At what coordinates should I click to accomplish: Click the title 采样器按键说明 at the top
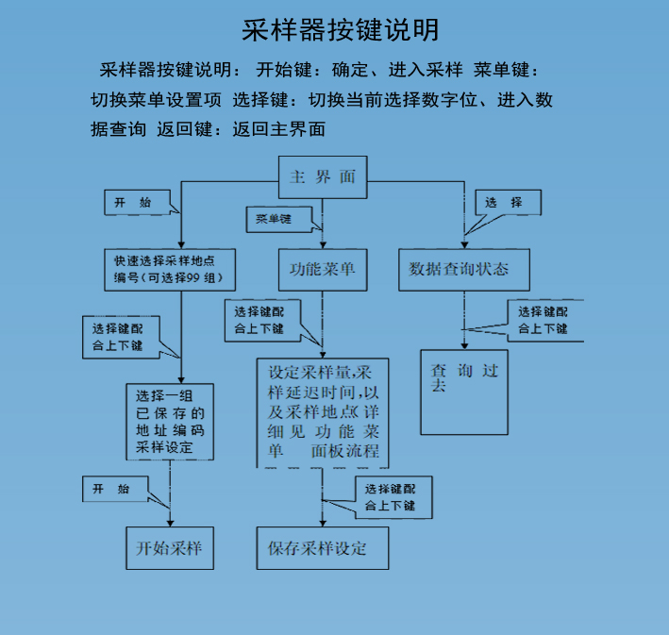pos(340,29)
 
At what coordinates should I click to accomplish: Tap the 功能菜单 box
pos(323,269)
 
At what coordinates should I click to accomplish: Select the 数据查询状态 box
pos(463,269)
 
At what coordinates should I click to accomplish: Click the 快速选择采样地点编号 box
pos(169,269)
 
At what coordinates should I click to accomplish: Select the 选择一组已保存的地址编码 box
pos(170,420)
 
